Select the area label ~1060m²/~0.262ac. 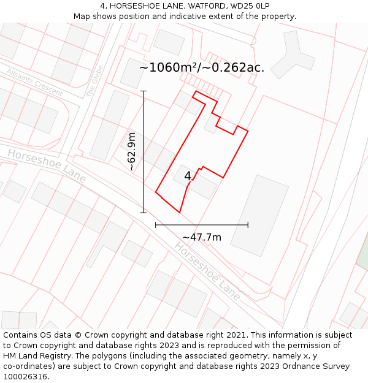(202, 67)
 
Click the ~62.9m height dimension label (131, 151)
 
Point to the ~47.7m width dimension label (202, 237)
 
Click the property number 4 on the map (188, 176)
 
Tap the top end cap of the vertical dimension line (144, 91)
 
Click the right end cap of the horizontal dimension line (248, 225)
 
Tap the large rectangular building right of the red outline (259, 211)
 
